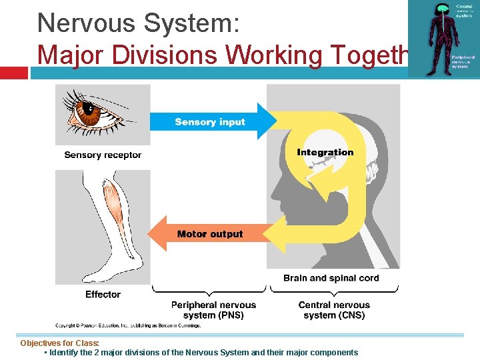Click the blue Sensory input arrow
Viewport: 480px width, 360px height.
[210, 121]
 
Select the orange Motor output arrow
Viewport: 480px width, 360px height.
[209, 234]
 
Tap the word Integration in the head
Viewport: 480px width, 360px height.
[325, 152]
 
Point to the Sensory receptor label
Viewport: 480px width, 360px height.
[103, 155]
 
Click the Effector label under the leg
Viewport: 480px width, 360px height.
[103, 294]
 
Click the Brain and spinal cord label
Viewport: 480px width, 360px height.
[331, 278]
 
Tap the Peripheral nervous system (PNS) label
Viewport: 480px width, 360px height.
[213, 310]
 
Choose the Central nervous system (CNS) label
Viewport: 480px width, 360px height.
[334, 310]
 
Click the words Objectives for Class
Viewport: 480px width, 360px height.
[60, 343]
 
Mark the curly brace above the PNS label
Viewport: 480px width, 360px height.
[209, 291]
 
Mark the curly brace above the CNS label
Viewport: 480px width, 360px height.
[333, 291]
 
